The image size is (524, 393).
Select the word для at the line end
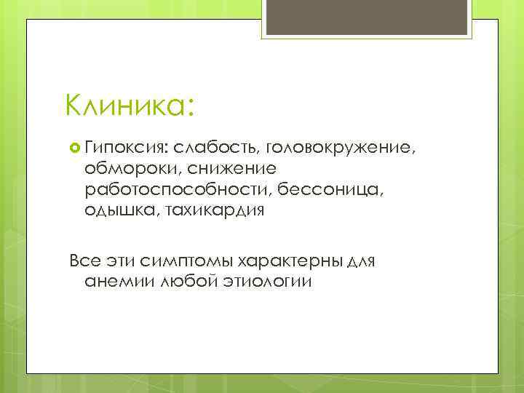click(359, 261)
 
